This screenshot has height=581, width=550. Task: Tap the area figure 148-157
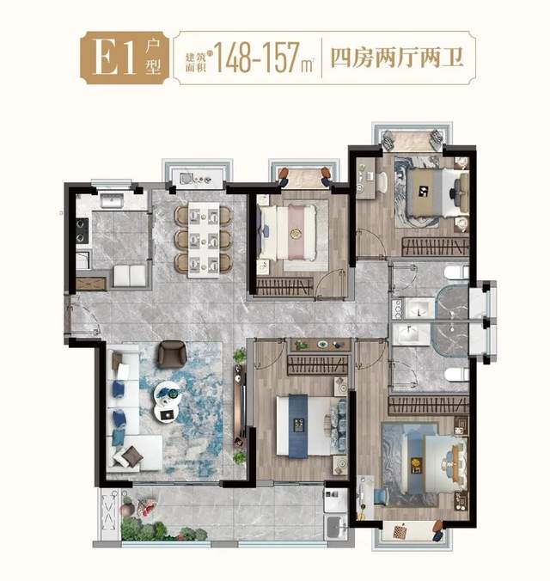[257, 58]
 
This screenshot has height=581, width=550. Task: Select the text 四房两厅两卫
[397, 58]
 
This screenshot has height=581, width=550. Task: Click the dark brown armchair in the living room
[172, 354]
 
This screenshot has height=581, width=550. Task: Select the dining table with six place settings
[204, 240]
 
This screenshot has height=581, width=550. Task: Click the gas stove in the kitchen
[82, 230]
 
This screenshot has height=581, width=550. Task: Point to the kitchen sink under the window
[112, 202]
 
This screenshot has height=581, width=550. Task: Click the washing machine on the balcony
[335, 500]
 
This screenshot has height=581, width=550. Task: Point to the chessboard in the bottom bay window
[400, 531]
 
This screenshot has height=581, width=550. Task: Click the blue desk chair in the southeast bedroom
[382, 497]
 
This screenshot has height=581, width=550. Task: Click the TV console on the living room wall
[239, 406]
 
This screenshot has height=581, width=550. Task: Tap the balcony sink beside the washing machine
[336, 527]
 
